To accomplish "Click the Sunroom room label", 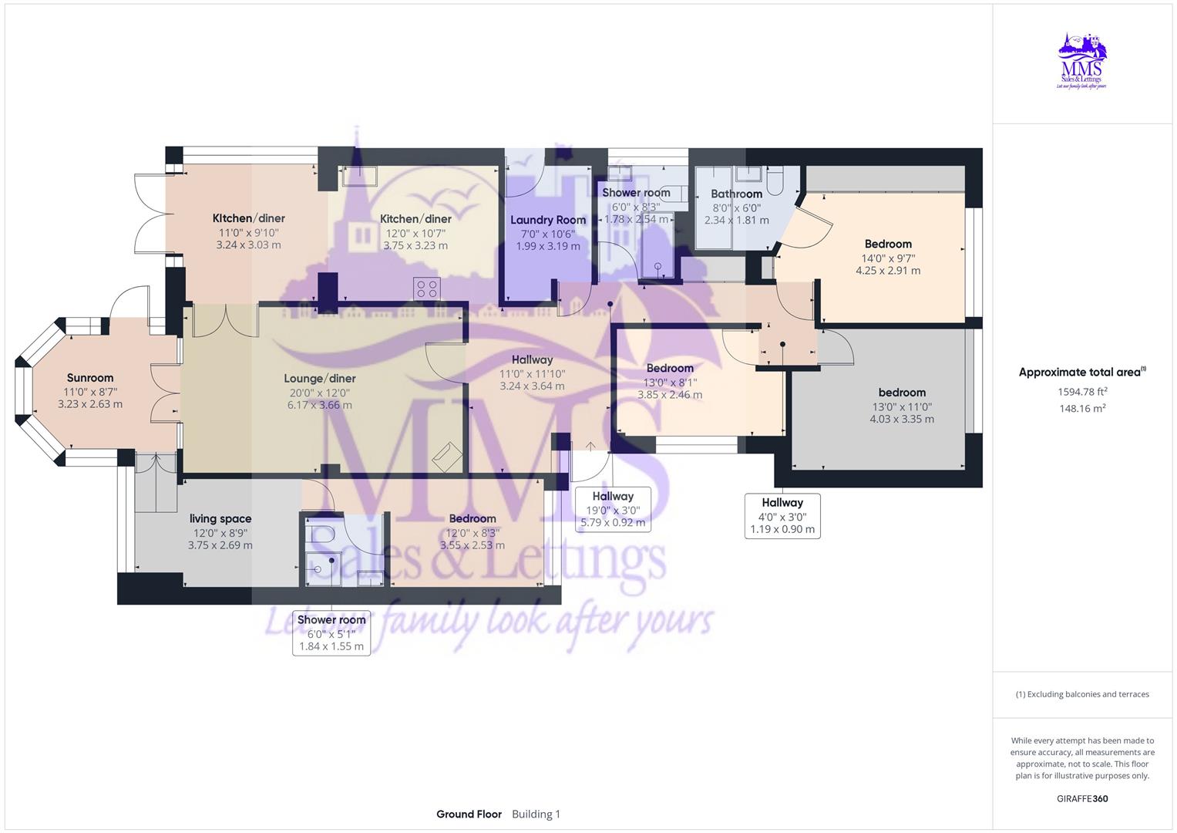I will [90, 378].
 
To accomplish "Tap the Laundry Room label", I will [548, 220].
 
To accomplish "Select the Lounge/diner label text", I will [320, 379].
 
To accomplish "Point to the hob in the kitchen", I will [427, 289].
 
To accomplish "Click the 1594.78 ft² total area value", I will [1082, 392].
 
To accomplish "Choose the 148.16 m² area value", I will [1082, 409].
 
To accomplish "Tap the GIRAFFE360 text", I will [1082, 799].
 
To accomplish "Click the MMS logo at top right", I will [1082, 61].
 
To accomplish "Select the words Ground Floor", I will [469, 814].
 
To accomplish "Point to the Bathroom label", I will [736, 194].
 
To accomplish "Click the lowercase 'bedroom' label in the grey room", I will [902, 393].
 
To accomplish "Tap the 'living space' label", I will [220, 519].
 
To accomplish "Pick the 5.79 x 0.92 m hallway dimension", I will [613, 523].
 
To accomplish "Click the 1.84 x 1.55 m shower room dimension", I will [331, 646].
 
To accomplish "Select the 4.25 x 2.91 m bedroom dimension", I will [888, 271].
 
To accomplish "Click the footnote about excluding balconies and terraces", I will [1082, 694].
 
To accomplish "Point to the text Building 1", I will [536, 814].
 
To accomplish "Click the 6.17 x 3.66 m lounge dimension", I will [320, 405].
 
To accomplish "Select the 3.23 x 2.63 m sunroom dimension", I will [90, 404].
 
